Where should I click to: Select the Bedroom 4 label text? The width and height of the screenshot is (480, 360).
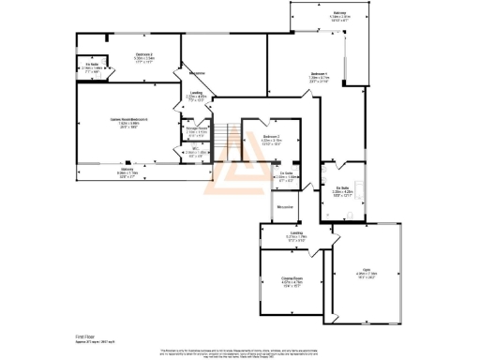point(319,73)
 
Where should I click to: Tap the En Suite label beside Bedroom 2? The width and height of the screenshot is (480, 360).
point(92,65)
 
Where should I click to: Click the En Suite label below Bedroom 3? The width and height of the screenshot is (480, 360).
point(262,174)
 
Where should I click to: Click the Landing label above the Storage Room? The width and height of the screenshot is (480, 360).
point(197,94)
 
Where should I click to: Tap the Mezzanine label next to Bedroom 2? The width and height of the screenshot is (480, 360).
point(198,72)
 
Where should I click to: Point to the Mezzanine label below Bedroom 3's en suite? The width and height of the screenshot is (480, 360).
point(287,206)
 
